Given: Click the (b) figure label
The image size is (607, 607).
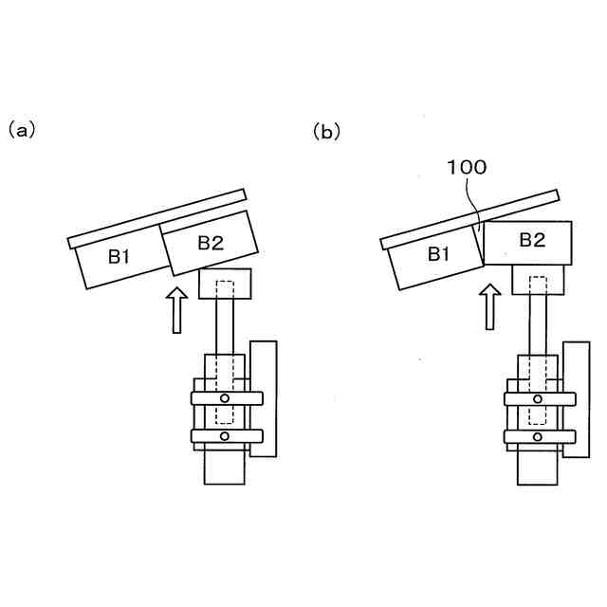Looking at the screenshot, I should [325, 133].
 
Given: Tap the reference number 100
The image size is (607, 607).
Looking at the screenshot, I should [466, 168].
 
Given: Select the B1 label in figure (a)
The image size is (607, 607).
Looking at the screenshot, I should [120, 256].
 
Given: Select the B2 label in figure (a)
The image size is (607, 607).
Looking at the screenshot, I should [210, 242].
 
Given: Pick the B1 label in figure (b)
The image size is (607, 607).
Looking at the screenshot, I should [437, 253].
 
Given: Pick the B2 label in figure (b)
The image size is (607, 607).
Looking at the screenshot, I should [532, 241].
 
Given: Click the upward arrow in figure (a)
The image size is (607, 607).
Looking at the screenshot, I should [175, 309].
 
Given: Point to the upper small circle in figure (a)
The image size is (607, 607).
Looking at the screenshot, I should [224, 398].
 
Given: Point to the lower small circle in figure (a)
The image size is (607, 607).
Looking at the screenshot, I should [224, 435].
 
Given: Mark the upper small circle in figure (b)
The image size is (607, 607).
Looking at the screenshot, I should [537, 398].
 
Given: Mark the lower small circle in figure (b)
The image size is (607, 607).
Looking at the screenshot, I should [537, 436].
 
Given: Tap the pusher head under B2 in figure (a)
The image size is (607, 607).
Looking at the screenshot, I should [225, 285].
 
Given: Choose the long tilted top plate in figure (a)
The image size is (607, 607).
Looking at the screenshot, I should [158, 219].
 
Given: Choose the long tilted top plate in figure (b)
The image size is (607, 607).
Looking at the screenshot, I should [469, 219].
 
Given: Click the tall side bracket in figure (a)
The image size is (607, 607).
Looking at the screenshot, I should [264, 398].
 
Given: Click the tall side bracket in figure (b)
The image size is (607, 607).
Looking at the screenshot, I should [576, 398].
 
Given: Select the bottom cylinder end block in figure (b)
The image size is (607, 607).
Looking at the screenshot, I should [538, 467].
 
